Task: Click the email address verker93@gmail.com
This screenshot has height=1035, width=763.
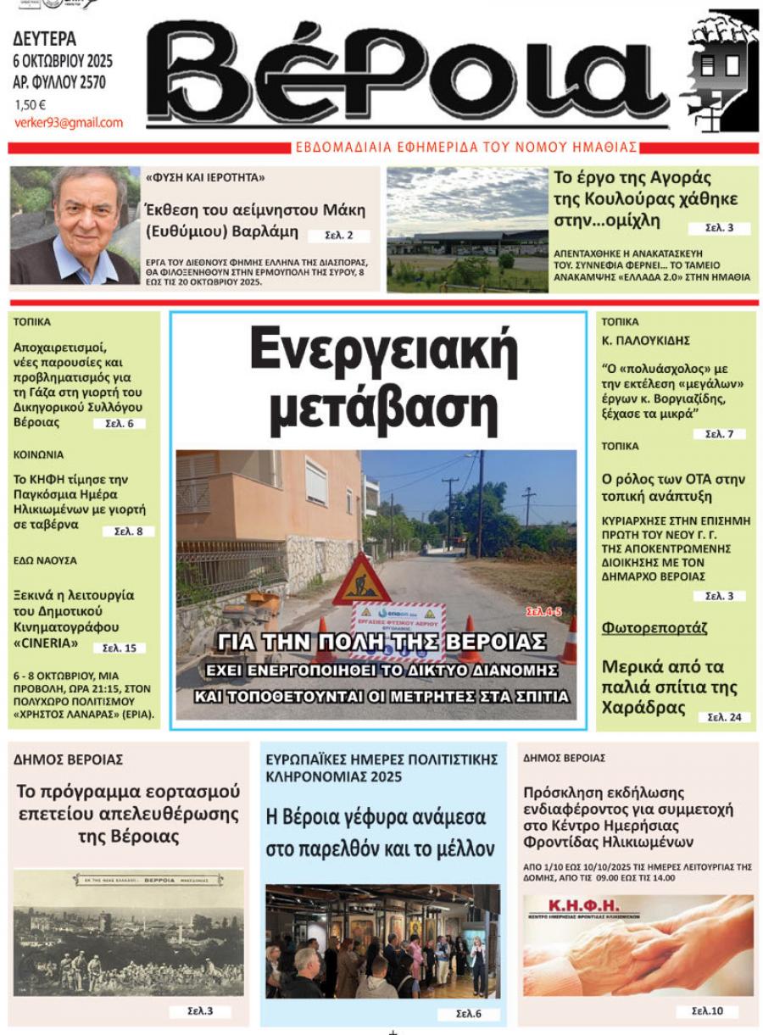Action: click(x=68, y=123)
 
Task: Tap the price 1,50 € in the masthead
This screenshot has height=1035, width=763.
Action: click(x=31, y=105)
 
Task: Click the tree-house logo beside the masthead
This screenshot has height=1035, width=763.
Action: click(x=722, y=71)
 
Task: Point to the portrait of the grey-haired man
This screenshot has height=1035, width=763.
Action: click(x=75, y=225)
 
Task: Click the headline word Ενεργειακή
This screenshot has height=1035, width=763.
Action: click(x=384, y=350)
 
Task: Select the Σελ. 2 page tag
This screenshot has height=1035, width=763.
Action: click(x=338, y=236)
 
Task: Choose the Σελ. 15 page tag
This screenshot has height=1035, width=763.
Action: click(x=120, y=648)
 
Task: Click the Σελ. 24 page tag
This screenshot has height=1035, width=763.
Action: click(x=724, y=717)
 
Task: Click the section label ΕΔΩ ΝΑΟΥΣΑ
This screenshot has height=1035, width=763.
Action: click(x=45, y=560)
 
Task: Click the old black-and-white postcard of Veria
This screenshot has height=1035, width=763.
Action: click(x=128, y=932)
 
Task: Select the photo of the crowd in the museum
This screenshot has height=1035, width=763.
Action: click(x=382, y=941)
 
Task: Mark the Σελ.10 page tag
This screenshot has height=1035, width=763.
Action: click(x=706, y=1010)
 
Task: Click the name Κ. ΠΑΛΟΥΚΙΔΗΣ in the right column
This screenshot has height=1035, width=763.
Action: click(x=645, y=340)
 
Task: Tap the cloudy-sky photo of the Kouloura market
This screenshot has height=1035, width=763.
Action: click(x=467, y=229)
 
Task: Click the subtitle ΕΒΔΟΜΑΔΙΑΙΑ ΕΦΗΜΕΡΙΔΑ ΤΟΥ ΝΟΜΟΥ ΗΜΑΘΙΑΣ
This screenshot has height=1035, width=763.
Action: click(x=466, y=147)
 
